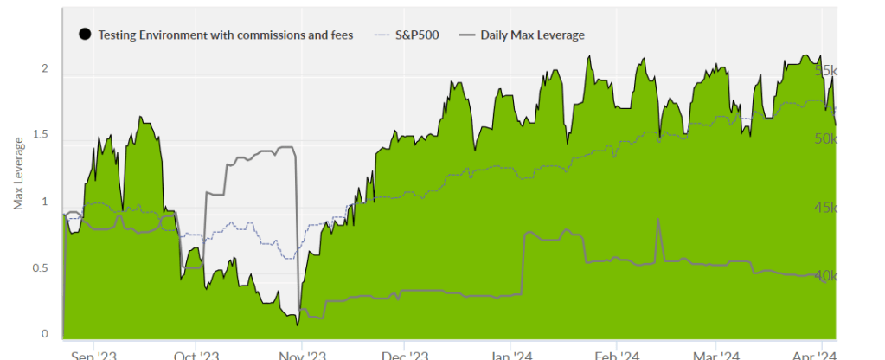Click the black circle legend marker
(x=85, y=35)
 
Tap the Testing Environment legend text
(x=226, y=35)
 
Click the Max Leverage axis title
(x=18, y=173)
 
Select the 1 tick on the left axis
(x=45, y=202)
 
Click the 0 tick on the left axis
(x=45, y=335)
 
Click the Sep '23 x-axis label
(x=93, y=354)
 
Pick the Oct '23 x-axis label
(x=198, y=354)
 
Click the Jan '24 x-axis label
(x=511, y=354)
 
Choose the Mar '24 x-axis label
(x=716, y=354)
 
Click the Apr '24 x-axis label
(x=816, y=354)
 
